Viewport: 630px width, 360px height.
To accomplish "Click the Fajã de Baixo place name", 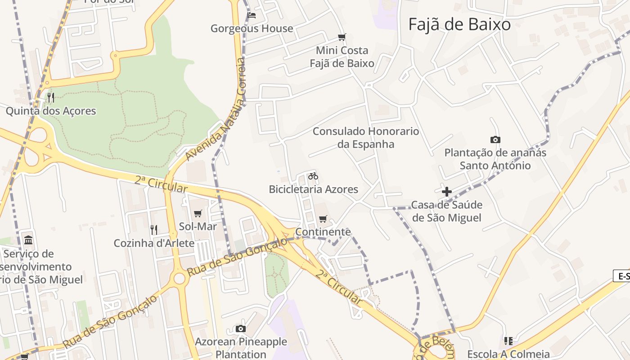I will (459, 25).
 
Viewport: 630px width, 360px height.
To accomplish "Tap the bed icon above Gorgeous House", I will (252, 15).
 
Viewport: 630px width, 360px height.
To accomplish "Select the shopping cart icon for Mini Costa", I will (342, 37).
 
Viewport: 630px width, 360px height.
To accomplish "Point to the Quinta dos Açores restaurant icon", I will (51, 98).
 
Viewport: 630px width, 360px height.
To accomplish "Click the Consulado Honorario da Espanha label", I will (365, 138).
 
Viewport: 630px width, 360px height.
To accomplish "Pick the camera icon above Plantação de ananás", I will (495, 140).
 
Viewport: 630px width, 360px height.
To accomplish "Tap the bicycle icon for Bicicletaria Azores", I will (313, 176).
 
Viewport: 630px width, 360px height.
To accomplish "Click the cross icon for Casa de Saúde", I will (446, 192).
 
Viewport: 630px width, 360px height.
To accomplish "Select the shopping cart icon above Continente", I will (323, 219).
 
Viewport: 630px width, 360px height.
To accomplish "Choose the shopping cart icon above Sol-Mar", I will (198, 213).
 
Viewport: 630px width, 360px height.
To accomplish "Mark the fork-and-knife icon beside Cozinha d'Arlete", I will (154, 230).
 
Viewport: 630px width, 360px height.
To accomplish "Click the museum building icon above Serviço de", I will (28, 239).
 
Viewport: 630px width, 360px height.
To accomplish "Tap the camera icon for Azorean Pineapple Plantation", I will (241, 328).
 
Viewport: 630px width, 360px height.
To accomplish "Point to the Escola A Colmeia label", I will (508, 354).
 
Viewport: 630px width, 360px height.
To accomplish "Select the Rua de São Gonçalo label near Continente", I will (237, 257).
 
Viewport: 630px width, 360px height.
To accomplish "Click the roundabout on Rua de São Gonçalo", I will (180, 279).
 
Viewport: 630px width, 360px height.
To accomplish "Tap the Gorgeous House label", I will (252, 29).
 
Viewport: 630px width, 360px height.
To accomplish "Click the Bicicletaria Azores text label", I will (313, 189).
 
